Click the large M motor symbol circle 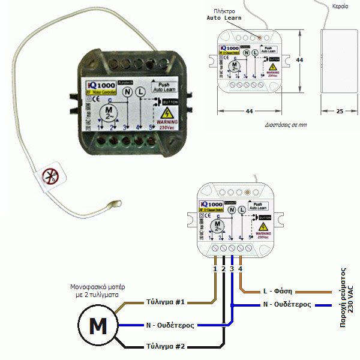[97, 326]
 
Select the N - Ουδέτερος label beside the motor [170, 326]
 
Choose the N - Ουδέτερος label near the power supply [287, 305]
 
